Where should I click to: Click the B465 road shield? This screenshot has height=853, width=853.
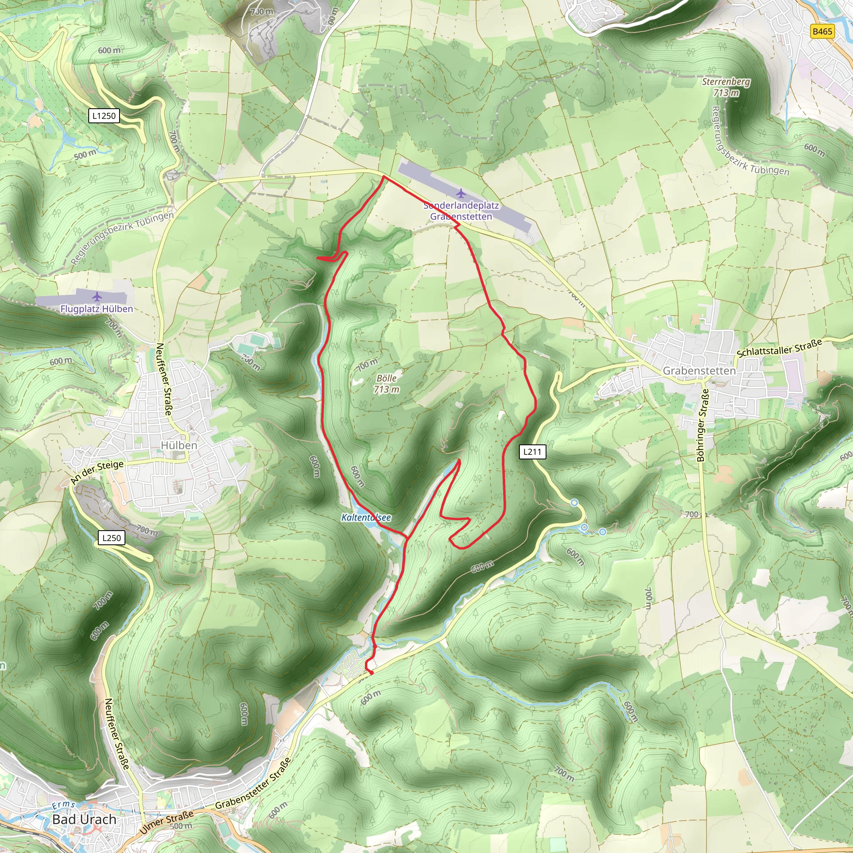point(822,31)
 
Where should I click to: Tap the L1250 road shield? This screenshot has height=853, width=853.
point(104,116)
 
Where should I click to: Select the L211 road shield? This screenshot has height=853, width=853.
point(532,451)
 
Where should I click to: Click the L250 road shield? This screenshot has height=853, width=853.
point(111,538)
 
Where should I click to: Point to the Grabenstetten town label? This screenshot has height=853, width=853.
point(699,371)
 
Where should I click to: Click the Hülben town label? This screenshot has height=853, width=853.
point(179,446)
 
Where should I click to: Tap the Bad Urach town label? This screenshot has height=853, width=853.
point(84,819)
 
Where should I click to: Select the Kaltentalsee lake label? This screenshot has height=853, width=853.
point(366,517)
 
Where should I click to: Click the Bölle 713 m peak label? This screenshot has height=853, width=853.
point(387,384)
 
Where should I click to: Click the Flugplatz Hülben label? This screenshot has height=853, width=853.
point(97,309)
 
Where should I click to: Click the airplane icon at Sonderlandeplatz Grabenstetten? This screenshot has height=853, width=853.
point(461,193)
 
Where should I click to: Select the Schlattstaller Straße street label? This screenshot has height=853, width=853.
point(779,348)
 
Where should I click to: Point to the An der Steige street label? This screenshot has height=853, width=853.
point(97,471)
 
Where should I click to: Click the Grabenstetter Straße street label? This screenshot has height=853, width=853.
point(253,784)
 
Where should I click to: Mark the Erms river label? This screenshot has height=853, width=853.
point(64,806)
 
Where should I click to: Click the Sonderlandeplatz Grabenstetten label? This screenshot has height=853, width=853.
point(461,211)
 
